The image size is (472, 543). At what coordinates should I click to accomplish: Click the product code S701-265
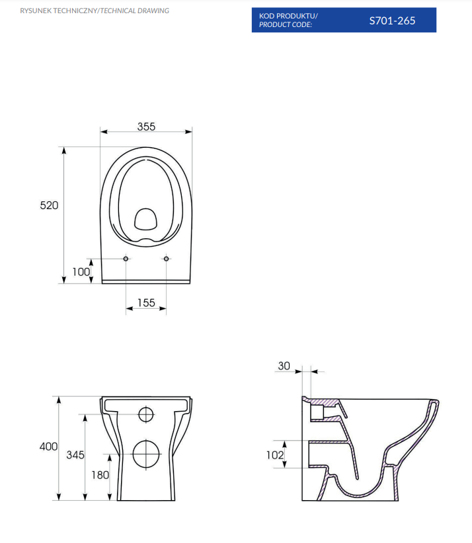[392, 20]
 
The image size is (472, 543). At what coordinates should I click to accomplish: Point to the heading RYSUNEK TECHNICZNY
[59, 11]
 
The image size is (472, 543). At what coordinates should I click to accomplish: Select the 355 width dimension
[146, 127]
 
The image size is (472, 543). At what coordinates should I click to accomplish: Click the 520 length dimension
[49, 205]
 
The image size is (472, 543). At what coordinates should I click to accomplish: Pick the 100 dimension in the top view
[81, 272]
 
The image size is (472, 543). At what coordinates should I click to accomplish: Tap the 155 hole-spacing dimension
[146, 303]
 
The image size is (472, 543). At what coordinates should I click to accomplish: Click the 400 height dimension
[49, 447]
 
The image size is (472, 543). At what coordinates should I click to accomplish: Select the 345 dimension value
[75, 455]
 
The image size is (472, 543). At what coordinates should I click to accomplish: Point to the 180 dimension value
[100, 475]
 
